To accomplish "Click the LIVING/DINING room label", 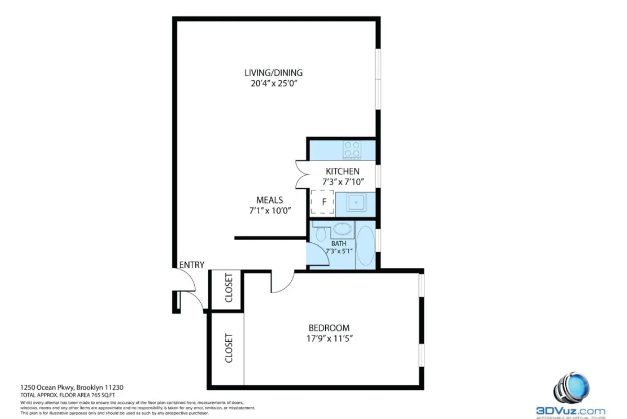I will coord(273,73).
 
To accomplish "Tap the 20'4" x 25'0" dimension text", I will coord(273,83).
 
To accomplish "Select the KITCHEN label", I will coord(343,171).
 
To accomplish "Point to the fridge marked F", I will coord(323,202).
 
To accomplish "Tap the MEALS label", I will coord(270,200).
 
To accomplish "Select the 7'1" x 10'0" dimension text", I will coord(270,210).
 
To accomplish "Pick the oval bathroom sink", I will coord(342,229).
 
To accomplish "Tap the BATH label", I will coord(339,243).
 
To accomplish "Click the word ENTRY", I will coord(192,265).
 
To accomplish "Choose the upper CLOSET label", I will coord(228,288).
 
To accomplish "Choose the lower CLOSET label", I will coord(228,348).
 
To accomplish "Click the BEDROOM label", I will coord(328,328).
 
